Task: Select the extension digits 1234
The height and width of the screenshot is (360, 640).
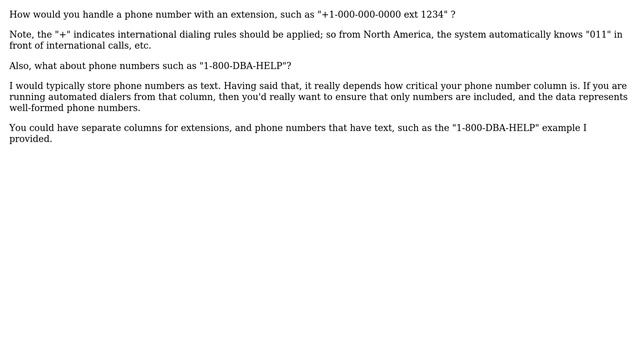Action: coord(434,15)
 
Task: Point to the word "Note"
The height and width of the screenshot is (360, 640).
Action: coord(21,35)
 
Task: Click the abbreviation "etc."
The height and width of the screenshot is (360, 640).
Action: coord(141,46)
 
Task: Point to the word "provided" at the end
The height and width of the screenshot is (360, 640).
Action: coord(30,139)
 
